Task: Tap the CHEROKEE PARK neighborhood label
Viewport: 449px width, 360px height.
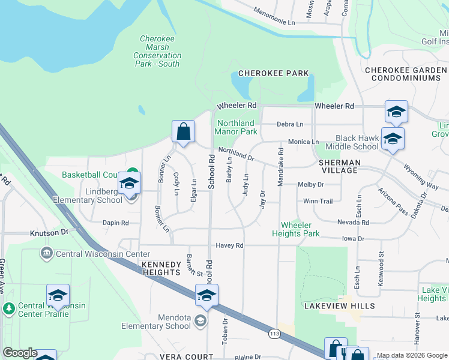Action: pyautogui.click(x=273, y=73)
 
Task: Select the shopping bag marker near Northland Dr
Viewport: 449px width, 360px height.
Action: pyautogui.click(x=183, y=132)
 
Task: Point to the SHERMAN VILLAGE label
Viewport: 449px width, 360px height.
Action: pyautogui.click(x=339, y=166)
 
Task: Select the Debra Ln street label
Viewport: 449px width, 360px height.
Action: pyautogui.click(x=290, y=124)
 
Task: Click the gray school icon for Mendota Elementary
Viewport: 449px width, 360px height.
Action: pyautogui.click(x=200, y=322)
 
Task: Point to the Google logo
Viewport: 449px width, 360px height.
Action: pyautogui.click(x=20, y=353)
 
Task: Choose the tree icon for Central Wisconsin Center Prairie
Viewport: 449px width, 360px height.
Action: pyautogui.click(x=9, y=309)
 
